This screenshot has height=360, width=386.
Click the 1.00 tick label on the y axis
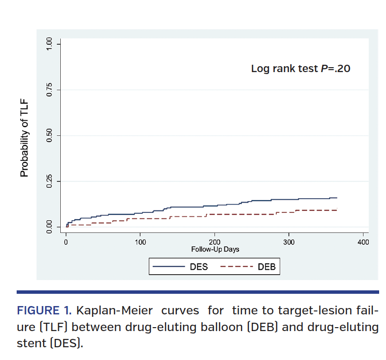point(49,45)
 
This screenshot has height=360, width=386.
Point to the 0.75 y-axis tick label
point(49,90)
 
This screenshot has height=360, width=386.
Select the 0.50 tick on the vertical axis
point(49,136)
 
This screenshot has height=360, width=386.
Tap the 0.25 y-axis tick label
point(49,181)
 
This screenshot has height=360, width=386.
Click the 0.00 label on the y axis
point(49,227)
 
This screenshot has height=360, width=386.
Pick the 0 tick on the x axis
point(66,242)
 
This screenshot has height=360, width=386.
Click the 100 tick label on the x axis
point(140,242)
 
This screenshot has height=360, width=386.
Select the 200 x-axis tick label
point(215,242)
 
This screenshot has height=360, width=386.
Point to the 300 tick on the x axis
point(289,242)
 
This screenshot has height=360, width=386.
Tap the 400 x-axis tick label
point(362,242)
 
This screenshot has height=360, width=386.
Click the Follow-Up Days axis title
point(215,249)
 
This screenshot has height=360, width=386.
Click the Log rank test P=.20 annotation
point(300,69)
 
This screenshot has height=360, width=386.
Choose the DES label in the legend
point(199,267)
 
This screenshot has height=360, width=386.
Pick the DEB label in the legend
point(266,267)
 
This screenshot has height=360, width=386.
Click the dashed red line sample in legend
point(237,267)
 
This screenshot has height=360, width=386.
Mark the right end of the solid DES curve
point(337,198)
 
